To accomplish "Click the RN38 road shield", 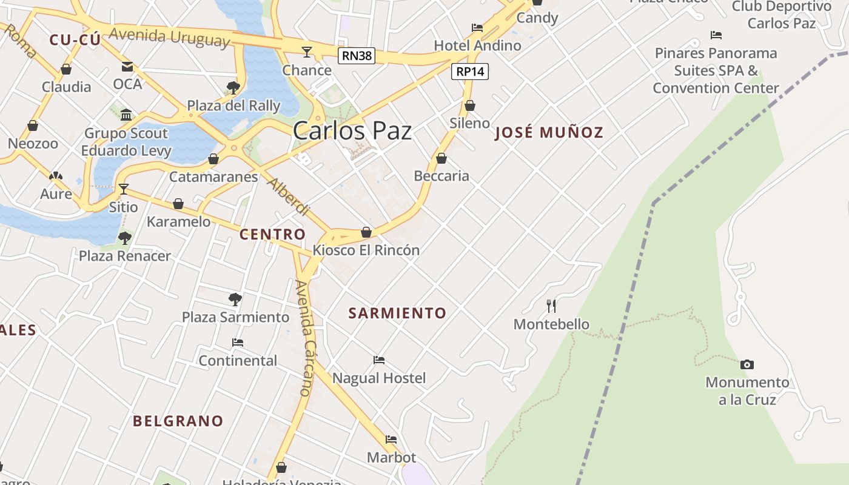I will point(357,56).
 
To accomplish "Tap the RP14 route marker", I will point(470,72).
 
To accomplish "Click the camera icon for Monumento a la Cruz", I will point(747,364).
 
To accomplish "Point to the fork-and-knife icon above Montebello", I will point(551,306).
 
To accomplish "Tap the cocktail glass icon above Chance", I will point(307,52).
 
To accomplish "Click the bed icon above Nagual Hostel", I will point(379,360).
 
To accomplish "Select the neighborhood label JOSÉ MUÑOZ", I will point(549,133).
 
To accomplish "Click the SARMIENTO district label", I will point(397,313).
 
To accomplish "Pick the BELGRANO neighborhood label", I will point(178,421).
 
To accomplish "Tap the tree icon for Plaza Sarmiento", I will point(235,299).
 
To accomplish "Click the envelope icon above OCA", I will point(127,66).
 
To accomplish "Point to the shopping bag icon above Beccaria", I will point(441,158).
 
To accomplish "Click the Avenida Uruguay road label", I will point(170,38).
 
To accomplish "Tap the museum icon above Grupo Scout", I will point(126,115).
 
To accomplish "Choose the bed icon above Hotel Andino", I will point(477,28).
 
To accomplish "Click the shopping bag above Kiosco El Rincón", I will point(366,232).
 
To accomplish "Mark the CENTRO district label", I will point(272,235).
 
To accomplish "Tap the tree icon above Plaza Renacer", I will point(125,238).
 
